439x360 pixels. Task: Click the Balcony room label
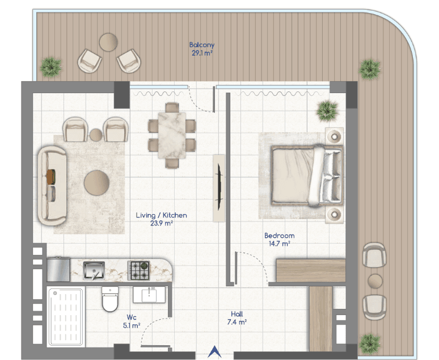click(201, 49)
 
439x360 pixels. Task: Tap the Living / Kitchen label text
click(161, 215)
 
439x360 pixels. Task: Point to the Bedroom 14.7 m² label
click(279, 240)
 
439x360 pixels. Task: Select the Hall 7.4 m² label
click(237, 318)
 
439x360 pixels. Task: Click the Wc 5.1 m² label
click(132, 321)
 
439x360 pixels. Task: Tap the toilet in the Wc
click(110, 299)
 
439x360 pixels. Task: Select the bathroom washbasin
click(149, 295)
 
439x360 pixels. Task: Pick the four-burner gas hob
click(138, 270)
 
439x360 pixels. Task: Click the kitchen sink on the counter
click(94, 270)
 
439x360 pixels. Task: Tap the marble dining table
click(172, 135)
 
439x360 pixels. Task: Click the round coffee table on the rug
click(96, 183)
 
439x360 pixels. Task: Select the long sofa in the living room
click(52, 185)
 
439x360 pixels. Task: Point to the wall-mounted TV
click(220, 187)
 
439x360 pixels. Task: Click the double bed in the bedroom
click(307, 175)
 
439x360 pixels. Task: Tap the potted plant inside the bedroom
click(327, 111)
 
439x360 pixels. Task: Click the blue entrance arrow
click(215, 351)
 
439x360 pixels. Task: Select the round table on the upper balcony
click(108, 42)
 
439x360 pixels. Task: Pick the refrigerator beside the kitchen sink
click(58, 270)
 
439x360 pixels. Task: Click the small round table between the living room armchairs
click(96, 135)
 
